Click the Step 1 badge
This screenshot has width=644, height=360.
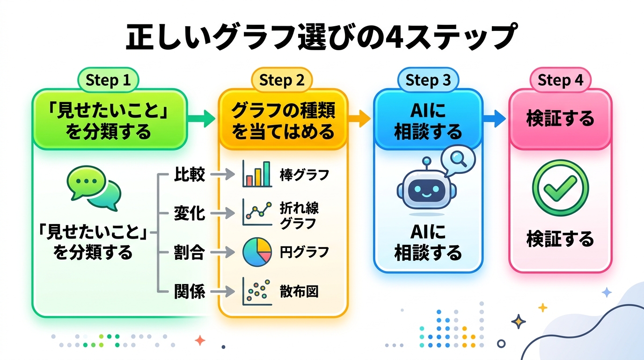108,80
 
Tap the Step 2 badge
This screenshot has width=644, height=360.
282,80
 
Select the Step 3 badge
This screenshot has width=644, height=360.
428,80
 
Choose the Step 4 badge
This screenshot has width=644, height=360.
560,80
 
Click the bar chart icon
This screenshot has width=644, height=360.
257,174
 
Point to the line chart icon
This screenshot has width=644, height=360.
257,212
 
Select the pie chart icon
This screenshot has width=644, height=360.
257,252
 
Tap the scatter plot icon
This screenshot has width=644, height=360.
257,291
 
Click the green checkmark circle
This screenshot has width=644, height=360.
560,188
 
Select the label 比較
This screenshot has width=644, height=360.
190,174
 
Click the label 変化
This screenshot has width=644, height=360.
190,213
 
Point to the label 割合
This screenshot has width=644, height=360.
190,253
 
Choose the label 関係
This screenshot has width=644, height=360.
190,292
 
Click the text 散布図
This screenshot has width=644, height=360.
299,292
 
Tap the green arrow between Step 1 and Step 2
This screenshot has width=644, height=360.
201,119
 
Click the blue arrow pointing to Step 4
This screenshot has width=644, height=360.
494,119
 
